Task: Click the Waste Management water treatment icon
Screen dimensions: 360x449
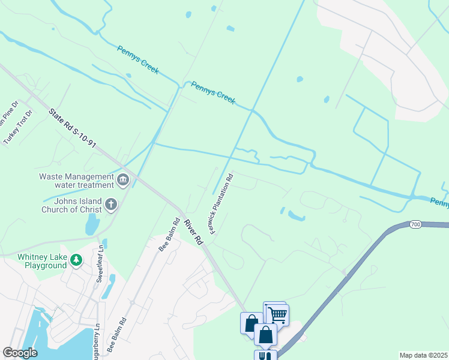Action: click(x=123, y=179)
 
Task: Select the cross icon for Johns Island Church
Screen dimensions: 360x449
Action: click(x=110, y=205)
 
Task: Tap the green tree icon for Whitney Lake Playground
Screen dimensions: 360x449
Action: click(x=76, y=260)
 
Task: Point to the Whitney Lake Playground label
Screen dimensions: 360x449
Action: click(x=41, y=261)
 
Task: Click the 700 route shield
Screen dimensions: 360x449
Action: click(x=415, y=224)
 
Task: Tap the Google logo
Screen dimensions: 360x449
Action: click(x=20, y=353)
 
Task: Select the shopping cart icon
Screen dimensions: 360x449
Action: click(x=277, y=314)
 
